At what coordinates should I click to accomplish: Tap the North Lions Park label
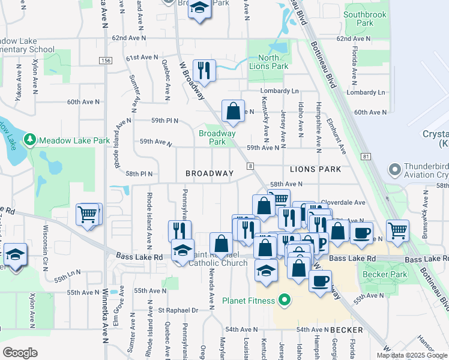pos(264,62)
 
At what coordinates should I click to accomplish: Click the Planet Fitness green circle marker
pos(286,301)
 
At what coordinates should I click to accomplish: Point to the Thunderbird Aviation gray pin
pos(394,170)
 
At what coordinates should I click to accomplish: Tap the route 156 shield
pos(106,61)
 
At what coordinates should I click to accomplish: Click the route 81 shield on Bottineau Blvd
pos(366,157)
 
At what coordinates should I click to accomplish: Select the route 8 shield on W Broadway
pos(250,166)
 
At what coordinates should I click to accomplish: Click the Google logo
pos(20,352)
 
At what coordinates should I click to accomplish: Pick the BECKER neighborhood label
pos(346,330)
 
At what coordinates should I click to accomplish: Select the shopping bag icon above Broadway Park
pos(233,110)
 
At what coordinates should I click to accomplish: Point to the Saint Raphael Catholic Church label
pos(219,259)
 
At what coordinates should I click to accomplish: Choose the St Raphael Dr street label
pos(178,311)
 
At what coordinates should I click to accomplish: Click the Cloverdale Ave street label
pos(343,203)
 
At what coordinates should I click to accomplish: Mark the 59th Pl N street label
pos(165,121)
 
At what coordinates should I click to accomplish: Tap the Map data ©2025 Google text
pos(412,355)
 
